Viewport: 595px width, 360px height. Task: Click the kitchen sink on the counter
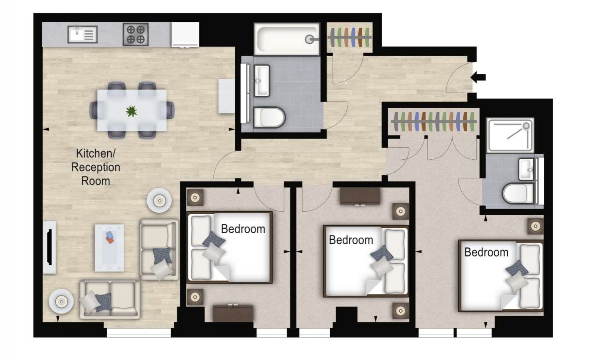tap(82, 34)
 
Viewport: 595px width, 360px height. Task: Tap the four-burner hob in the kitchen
tap(136, 34)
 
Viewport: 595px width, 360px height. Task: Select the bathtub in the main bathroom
tap(287, 39)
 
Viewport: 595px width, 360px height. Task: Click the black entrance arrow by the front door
tap(478, 77)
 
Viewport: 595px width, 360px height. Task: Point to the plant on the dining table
tap(131, 111)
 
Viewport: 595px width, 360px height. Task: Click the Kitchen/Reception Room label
tap(96, 167)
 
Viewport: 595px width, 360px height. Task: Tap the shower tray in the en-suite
tap(510, 135)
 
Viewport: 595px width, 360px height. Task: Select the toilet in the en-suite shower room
tap(518, 193)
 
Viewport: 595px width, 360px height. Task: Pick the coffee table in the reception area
tap(109, 248)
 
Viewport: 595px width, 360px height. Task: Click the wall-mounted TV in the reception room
tap(50, 247)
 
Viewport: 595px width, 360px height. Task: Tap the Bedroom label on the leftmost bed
tap(243, 229)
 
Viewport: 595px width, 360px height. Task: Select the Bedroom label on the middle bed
tap(351, 240)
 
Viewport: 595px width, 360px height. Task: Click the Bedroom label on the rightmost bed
tap(486, 252)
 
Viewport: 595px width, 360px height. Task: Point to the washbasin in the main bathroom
tap(262, 81)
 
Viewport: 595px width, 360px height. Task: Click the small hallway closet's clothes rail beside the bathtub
tap(350, 37)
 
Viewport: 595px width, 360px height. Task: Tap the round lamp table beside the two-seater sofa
tap(61, 301)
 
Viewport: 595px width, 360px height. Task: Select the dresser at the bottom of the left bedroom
tap(233, 313)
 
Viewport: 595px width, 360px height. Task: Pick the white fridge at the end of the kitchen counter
tap(185, 34)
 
